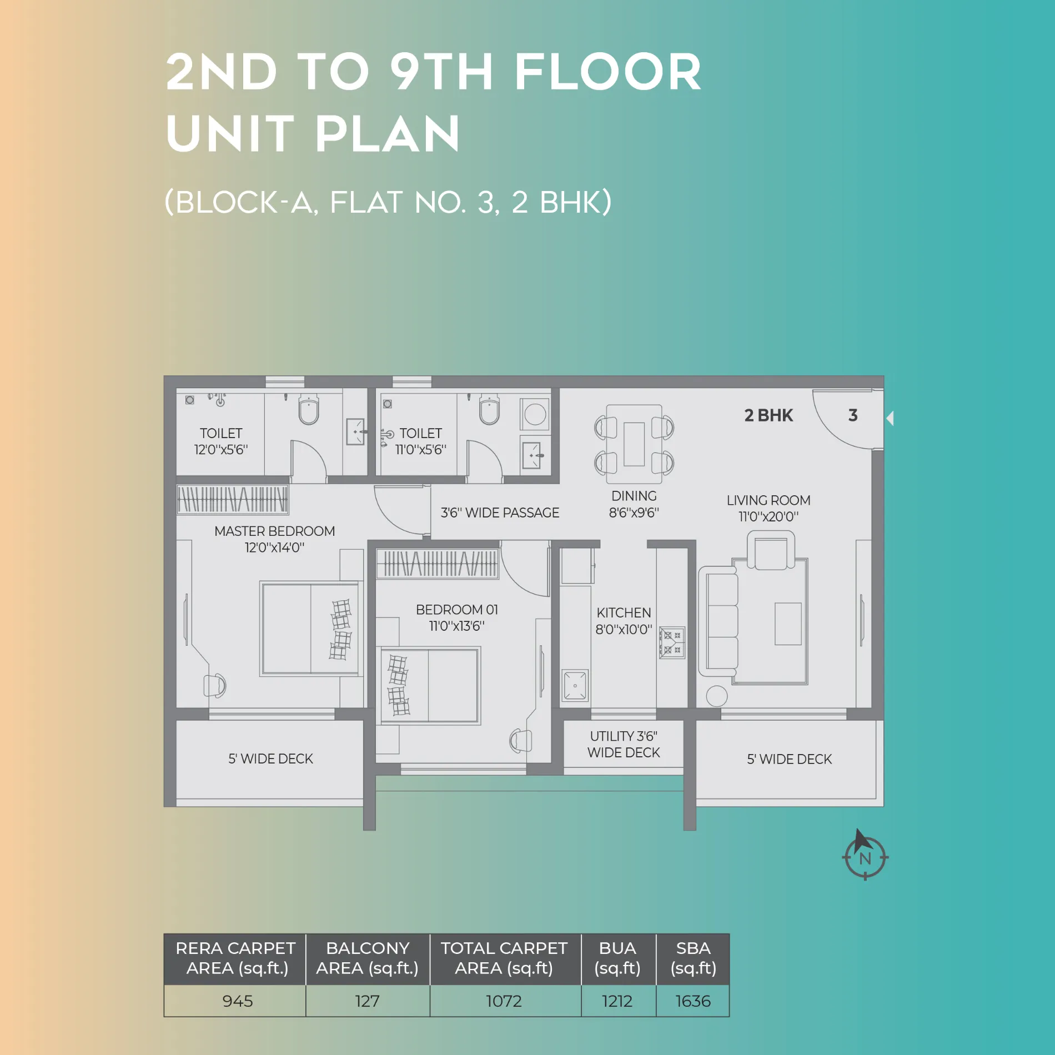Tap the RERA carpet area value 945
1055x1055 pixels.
pyautogui.click(x=238, y=1001)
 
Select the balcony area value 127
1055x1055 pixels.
pyautogui.click(x=367, y=1001)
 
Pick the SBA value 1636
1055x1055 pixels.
pyautogui.click(x=693, y=1001)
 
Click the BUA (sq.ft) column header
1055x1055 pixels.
pyautogui.click(x=617, y=958)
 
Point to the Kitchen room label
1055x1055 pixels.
pyautogui.click(x=624, y=612)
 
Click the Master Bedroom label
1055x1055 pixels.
pyautogui.click(x=275, y=531)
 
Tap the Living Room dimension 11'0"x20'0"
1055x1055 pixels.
pyautogui.click(x=768, y=516)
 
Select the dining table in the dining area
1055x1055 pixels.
pyautogui.click(x=634, y=444)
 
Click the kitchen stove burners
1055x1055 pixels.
pyautogui.click(x=672, y=642)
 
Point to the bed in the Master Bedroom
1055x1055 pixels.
pyautogui.click(x=310, y=629)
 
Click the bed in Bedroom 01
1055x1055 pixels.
pyautogui.click(x=428, y=686)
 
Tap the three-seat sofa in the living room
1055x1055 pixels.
pyautogui.click(x=719, y=621)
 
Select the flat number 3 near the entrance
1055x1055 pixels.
pyautogui.click(x=853, y=415)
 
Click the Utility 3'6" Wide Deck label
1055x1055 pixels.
pyautogui.click(x=624, y=744)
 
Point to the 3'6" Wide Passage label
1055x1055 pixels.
pyautogui.click(x=500, y=513)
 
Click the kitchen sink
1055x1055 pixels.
pyautogui.click(x=575, y=686)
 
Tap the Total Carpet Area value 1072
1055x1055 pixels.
pyautogui.click(x=504, y=1001)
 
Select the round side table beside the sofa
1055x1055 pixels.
pyautogui.click(x=717, y=696)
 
